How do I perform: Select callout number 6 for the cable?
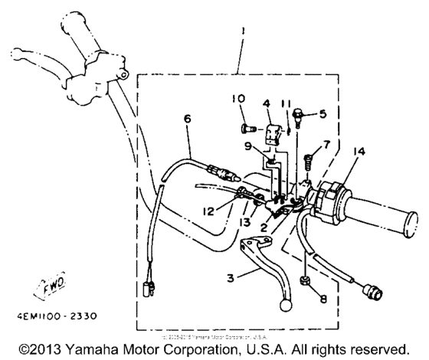coord(186,118)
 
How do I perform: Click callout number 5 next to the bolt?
coord(323,113)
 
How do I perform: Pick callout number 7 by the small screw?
coord(327,144)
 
